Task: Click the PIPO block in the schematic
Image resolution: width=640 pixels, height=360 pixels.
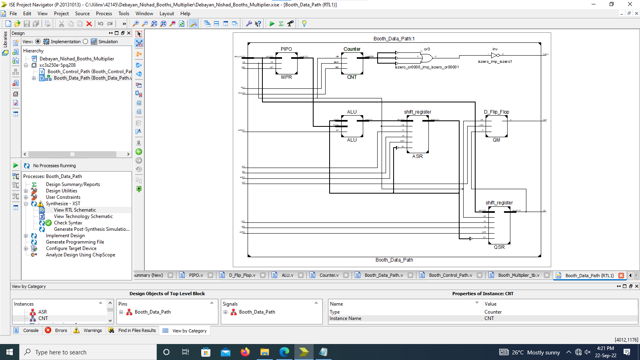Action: [x=286, y=63]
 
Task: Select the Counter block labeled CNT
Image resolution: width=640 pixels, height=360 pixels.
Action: [x=352, y=63]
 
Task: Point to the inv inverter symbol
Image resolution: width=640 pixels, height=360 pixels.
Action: [x=495, y=55]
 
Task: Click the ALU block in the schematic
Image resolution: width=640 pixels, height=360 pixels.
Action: [x=352, y=126]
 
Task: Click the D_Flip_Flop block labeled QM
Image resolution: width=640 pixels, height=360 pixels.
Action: [x=496, y=126]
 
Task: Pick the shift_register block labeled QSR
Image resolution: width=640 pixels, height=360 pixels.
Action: [x=499, y=225]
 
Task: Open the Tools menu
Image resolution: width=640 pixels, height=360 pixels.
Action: [x=124, y=14]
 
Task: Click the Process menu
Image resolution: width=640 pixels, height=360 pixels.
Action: [x=104, y=14]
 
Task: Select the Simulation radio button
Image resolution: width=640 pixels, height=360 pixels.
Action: [x=86, y=42]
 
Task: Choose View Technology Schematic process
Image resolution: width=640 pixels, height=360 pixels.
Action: [x=83, y=216]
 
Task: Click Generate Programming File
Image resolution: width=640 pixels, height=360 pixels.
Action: [x=75, y=242]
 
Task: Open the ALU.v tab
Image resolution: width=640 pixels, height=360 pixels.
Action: [x=287, y=275]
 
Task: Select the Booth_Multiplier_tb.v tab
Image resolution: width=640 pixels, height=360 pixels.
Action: [x=518, y=275]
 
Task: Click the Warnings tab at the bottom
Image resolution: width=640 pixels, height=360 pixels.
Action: [x=92, y=330]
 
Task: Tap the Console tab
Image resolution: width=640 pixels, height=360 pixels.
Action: [x=31, y=330]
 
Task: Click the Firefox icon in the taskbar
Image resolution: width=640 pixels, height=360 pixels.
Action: [x=245, y=352]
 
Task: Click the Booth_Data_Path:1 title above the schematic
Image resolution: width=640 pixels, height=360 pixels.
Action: [x=394, y=39]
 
